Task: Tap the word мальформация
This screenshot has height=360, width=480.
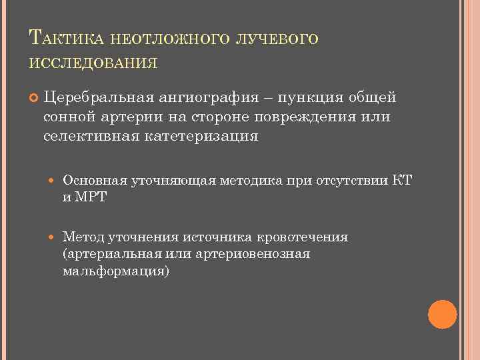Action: click(x=114, y=272)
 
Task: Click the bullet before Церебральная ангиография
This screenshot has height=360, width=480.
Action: click(x=29, y=99)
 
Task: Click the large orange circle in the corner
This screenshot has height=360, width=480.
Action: click(x=442, y=314)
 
